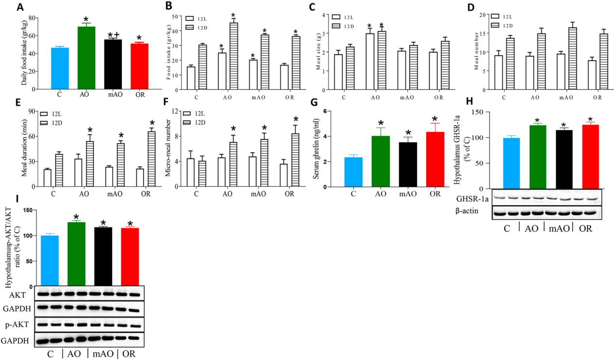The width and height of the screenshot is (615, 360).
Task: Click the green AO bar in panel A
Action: pos(86,58)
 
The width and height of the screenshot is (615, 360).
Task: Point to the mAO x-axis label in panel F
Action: pos(258,194)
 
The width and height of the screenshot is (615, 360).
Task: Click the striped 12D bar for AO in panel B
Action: pos(233,56)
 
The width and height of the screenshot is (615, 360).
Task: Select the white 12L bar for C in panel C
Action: pos(338,72)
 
